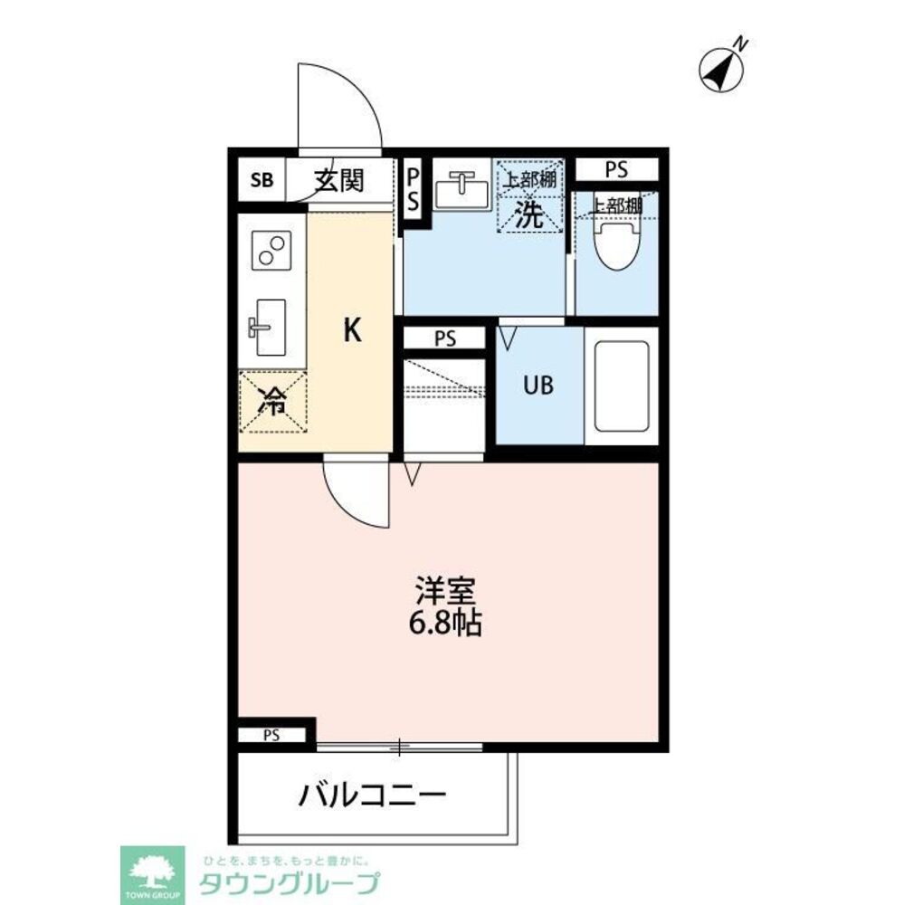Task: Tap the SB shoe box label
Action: (x=261, y=180)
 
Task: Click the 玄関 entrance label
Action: (x=339, y=180)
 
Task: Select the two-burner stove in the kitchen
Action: (x=272, y=250)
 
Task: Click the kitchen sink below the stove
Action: (x=267, y=327)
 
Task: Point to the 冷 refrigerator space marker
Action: (x=272, y=402)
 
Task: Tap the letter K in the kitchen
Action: (x=352, y=332)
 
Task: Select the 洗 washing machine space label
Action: (x=529, y=214)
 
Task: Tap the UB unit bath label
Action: (x=540, y=385)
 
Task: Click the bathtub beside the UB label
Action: (x=621, y=385)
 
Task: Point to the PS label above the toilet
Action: (x=616, y=169)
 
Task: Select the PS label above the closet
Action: (x=444, y=339)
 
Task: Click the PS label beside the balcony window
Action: (x=271, y=735)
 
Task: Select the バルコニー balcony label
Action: (x=373, y=796)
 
